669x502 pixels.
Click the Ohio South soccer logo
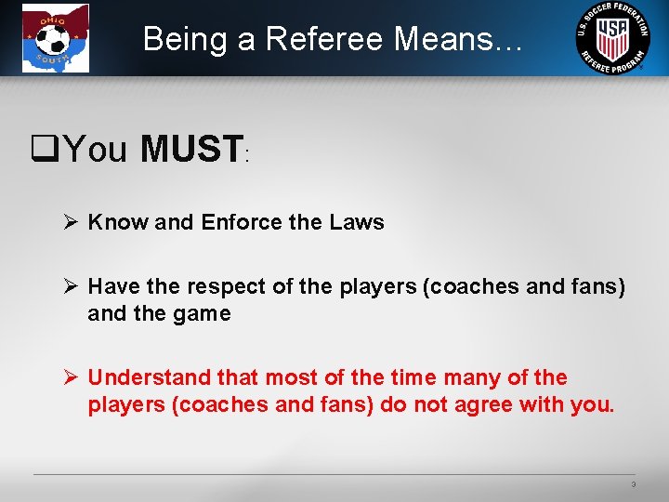56,38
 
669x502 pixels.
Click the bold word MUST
191,149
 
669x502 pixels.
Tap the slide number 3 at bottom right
633,484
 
